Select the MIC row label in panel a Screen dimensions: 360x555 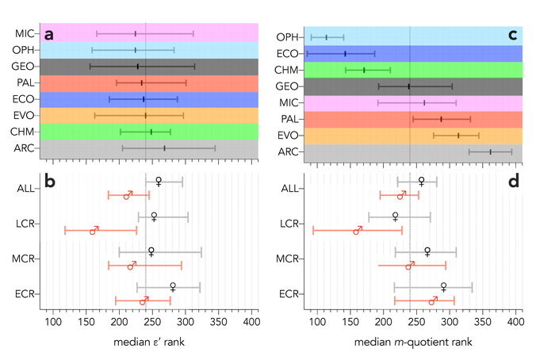[24, 34]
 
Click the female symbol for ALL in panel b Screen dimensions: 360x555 [159, 182]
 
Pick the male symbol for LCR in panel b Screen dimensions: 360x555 [94, 230]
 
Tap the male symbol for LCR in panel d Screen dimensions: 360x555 [358, 230]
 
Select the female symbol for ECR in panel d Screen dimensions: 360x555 [443, 287]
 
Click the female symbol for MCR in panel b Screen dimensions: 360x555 [151, 251]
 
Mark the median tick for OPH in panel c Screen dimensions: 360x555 [326, 37]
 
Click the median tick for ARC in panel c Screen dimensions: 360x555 [491, 151]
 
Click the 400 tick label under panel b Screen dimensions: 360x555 [251, 323]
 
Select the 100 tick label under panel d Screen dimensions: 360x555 [317, 323]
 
